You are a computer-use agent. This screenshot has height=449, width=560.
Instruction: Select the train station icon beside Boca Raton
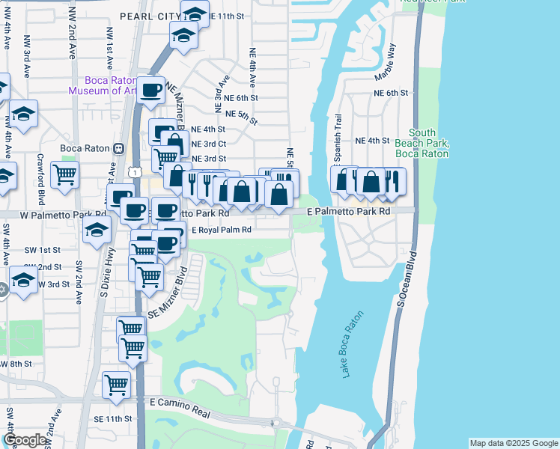click(118, 148)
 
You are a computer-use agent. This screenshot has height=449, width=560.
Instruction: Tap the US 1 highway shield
click(133, 172)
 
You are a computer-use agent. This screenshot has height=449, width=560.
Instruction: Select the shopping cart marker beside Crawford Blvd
click(65, 174)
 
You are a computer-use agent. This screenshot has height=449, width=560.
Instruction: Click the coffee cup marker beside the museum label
click(150, 90)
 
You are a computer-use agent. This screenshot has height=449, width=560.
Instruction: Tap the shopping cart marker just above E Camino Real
click(116, 384)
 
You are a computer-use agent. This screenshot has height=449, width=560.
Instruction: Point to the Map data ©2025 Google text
click(513, 443)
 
